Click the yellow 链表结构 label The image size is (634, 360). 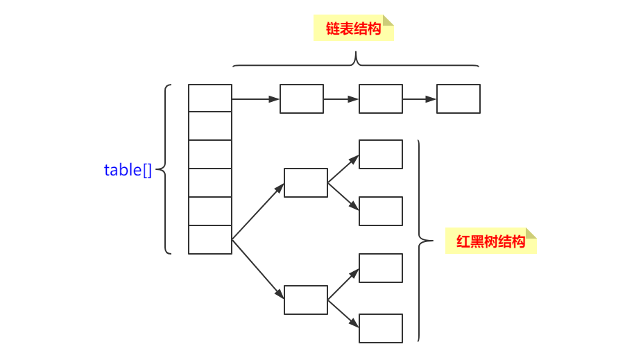point(353,28)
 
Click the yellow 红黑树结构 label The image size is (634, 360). point(490,242)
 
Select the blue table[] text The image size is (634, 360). point(128,170)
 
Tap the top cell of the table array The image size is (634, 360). point(210,98)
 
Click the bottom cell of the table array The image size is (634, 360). point(210,240)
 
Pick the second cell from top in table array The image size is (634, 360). point(210,126)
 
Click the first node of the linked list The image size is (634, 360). point(302,98)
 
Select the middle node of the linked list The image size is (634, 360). point(380,98)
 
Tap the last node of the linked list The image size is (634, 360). point(459,98)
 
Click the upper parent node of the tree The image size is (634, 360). point(306,182)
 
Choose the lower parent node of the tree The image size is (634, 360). point(306,300)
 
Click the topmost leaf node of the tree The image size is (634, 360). point(381,154)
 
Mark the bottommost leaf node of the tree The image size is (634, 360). point(381,328)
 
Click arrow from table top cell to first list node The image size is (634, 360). point(255,99)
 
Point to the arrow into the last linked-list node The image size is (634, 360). point(420,99)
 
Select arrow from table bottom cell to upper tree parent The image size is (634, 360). point(257,212)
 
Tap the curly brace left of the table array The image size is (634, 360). point(164,169)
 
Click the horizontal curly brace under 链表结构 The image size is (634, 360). point(356,62)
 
